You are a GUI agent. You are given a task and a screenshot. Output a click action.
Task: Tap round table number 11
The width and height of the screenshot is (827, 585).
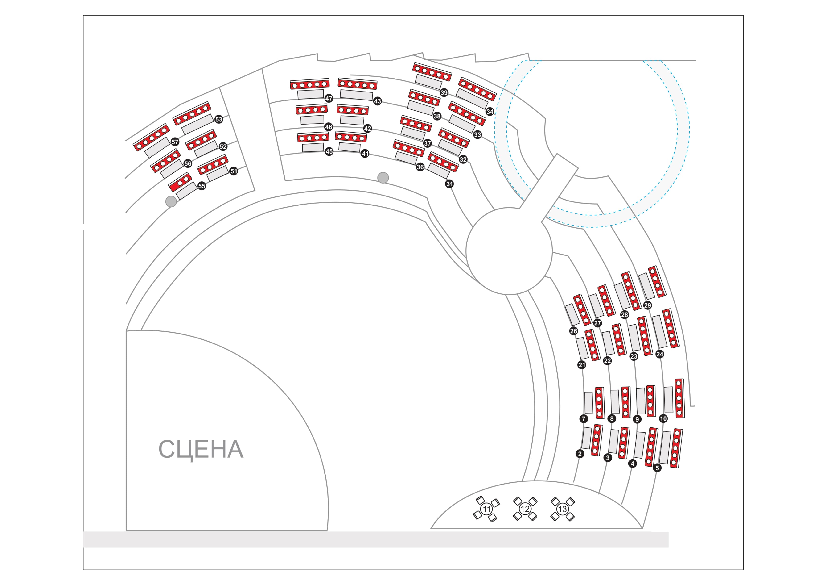click(x=487, y=509)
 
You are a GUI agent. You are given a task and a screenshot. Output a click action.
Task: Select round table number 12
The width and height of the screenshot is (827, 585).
click(x=525, y=509)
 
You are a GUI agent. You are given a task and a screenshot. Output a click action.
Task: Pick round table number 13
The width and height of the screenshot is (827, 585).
click(x=562, y=509)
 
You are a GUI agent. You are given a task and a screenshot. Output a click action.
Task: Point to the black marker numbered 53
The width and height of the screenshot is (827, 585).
click(x=219, y=119)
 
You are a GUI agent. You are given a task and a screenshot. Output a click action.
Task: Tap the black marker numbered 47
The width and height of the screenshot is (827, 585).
click(x=329, y=98)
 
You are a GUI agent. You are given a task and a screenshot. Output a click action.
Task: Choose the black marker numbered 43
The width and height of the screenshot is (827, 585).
click(x=377, y=101)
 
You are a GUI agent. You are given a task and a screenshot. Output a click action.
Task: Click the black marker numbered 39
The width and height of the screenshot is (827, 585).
click(x=444, y=93)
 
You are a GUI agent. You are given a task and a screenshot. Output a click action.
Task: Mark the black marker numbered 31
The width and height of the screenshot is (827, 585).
click(x=449, y=184)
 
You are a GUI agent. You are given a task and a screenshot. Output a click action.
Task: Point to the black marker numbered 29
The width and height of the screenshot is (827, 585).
click(x=647, y=305)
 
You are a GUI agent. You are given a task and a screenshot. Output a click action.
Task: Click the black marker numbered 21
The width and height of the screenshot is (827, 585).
click(x=582, y=365)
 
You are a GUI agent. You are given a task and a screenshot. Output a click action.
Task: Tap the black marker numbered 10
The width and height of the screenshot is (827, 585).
click(x=663, y=418)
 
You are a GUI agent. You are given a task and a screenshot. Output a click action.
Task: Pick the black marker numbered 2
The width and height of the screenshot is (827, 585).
click(x=580, y=454)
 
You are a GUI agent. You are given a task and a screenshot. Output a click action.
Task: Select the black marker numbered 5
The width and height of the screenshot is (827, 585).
click(x=657, y=468)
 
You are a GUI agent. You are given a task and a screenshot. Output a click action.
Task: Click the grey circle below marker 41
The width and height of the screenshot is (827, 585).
click(x=383, y=177)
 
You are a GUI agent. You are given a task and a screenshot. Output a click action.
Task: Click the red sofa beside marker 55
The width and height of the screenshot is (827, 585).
click(x=180, y=182)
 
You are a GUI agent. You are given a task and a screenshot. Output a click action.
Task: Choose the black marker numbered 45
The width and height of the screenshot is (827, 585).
click(x=329, y=151)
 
